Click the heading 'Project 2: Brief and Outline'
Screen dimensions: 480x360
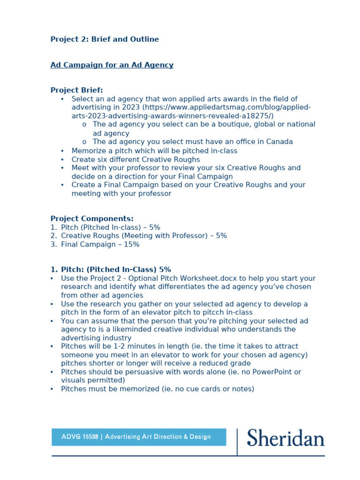[105, 39]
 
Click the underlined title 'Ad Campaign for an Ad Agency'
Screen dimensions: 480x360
[112, 65]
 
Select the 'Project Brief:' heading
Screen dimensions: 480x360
[76, 90]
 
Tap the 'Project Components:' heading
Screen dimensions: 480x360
[92, 218]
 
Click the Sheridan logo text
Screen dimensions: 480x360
[285, 438]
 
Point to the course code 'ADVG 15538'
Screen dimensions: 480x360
[80, 437]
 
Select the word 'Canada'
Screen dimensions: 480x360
[277, 142]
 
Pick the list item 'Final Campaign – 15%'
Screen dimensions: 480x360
[100, 244]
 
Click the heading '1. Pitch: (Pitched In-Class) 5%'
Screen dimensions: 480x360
[111, 270]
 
